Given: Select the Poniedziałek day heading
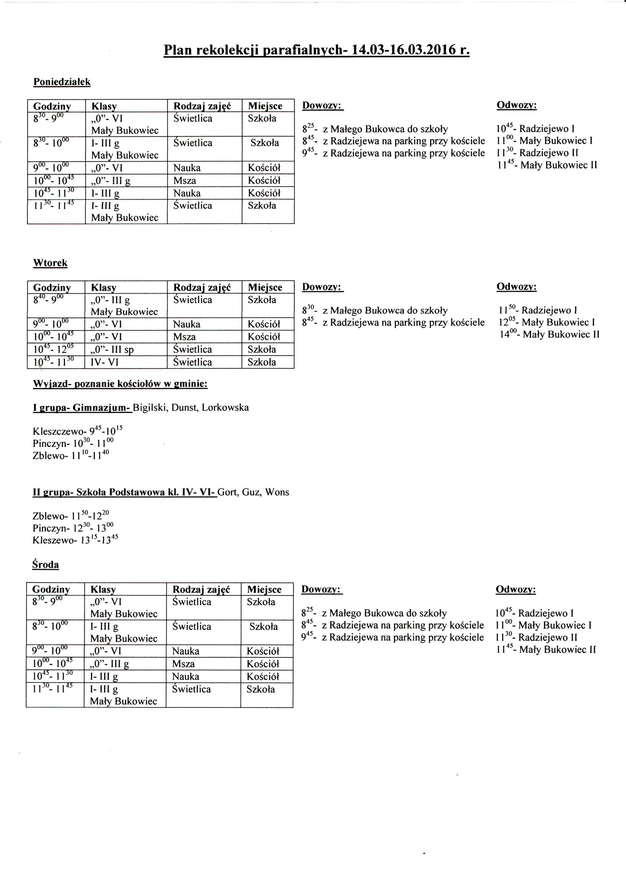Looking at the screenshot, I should [x=62, y=82].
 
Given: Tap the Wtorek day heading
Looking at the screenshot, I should [x=50, y=263].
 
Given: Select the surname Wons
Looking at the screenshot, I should [x=277, y=492].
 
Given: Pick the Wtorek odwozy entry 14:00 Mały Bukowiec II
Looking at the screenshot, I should [x=549, y=334].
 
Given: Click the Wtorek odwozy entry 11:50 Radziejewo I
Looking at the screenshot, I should [x=538, y=310].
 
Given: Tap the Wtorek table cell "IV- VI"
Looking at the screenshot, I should [x=104, y=362].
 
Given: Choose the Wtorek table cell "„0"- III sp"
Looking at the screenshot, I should [x=112, y=350].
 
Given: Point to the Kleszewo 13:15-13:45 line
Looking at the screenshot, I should [x=75, y=540].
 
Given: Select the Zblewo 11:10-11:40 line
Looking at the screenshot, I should [x=71, y=455].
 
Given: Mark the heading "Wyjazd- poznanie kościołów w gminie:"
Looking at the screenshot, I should [x=120, y=384].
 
